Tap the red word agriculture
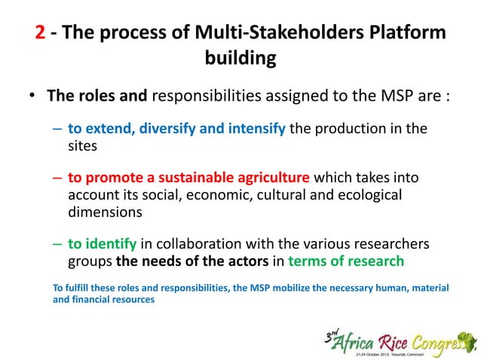[x=273, y=178]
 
